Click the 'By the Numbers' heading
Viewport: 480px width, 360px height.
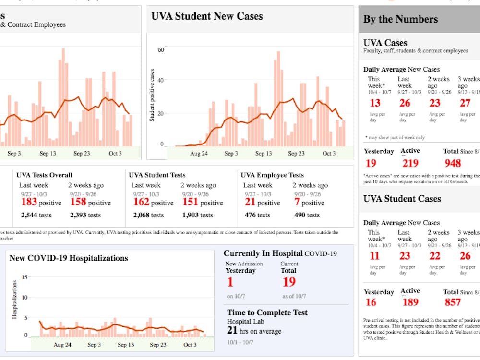400,19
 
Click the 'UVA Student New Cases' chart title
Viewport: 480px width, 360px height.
207,16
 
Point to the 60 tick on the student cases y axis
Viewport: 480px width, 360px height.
161,50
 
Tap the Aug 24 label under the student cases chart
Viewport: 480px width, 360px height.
199,154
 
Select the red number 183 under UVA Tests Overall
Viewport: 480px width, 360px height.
29,202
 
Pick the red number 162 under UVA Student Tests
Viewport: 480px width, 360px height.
141,202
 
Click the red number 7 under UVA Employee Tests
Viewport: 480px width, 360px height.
297,202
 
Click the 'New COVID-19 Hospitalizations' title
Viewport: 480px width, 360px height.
69,258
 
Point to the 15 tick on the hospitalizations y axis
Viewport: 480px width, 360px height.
24,277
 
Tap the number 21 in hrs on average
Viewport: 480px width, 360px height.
232,330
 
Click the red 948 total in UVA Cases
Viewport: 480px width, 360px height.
453,163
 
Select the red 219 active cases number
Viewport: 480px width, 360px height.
410,163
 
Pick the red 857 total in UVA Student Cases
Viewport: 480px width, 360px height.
453,302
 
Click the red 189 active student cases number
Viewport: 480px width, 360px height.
410,302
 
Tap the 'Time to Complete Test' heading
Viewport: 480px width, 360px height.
267,312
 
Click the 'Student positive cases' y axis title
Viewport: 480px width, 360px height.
152,95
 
